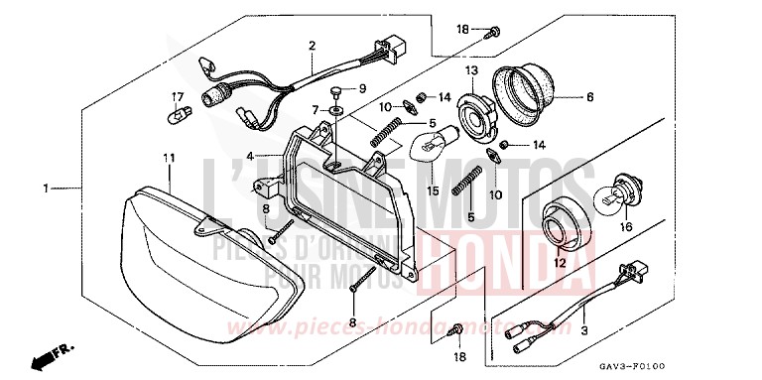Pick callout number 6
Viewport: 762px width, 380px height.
click(589, 97)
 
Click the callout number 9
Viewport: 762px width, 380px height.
click(362, 88)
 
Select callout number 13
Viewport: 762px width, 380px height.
click(472, 71)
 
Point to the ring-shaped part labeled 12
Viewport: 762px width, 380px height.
click(561, 224)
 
